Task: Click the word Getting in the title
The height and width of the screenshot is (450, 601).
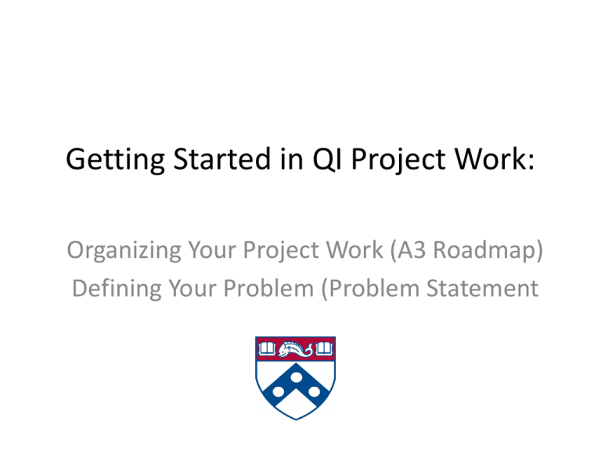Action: click(115, 159)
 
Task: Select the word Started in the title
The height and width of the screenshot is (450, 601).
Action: click(222, 159)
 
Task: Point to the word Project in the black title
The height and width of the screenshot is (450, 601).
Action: click(398, 159)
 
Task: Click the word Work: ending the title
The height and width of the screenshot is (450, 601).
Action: click(495, 159)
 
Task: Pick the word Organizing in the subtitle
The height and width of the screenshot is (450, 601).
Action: click(124, 251)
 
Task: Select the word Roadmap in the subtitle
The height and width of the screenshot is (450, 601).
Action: click(484, 251)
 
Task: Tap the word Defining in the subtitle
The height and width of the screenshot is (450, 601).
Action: click(117, 289)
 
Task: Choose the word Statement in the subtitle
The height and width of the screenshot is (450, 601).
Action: click(482, 288)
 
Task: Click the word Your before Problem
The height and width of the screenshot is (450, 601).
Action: click(193, 288)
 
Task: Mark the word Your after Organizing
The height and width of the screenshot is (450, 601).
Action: click(211, 250)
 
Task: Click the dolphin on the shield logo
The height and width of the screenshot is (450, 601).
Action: click(295, 349)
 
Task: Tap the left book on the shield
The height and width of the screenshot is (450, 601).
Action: click(267, 348)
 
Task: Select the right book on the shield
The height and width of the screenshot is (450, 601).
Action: click(324, 348)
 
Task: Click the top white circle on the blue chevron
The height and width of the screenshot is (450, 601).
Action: click(296, 377)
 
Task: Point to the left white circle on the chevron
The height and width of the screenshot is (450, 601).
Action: click(279, 392)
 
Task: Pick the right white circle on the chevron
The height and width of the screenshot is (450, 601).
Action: click(314, 392)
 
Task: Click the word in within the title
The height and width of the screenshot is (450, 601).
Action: click(292, 159)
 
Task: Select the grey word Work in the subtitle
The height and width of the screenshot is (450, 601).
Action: click(354, 250)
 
